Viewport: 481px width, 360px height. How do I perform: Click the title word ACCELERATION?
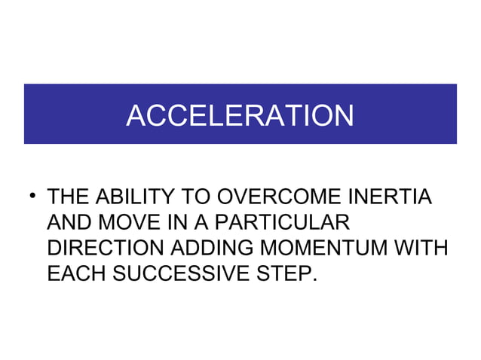[x=240, y=115]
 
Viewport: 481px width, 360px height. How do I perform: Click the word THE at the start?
[x=67, y=198]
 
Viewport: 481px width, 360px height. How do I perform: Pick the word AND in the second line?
[x=68, y=223]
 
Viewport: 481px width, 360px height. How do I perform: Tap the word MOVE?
[x=127, y=223]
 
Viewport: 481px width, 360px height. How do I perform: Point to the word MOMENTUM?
[x=325, y=248]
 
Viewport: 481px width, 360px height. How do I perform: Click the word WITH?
[x=420, y=248]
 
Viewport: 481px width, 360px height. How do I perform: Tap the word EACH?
[x=76, y=273]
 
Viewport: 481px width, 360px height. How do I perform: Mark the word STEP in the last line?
[x=283, y=273]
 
